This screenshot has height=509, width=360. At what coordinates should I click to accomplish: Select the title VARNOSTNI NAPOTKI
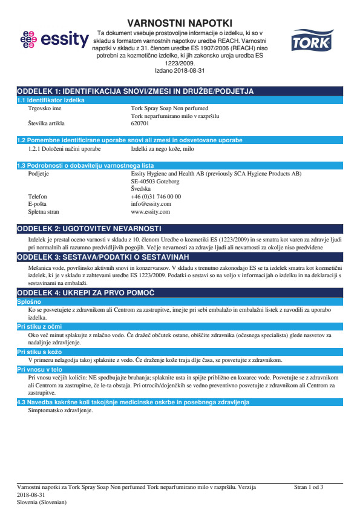click(180, 23)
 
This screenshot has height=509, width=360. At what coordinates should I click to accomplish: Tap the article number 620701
click(140, 123)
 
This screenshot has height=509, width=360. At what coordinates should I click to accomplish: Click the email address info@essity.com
click(151, 204)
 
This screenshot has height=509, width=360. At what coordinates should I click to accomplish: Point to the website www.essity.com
click(150, 212)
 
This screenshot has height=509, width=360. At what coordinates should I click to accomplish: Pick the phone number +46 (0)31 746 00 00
click(155, 196)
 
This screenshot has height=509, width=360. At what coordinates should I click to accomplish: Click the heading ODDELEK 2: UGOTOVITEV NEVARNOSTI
click(89, 228)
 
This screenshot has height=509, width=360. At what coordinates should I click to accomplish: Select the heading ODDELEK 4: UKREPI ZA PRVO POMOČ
click(86, 292)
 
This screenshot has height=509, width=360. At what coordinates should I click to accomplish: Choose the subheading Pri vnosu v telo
click(39, 369)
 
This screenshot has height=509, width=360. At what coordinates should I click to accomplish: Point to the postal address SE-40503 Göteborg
click(155, 181)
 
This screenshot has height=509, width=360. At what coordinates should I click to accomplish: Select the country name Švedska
click(141, 189)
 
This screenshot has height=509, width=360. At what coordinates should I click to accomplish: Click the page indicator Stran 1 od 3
click(309, 487)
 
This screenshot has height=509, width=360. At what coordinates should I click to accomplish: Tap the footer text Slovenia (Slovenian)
click(42, 502)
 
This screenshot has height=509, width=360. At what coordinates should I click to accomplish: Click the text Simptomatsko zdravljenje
click(61, 410)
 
